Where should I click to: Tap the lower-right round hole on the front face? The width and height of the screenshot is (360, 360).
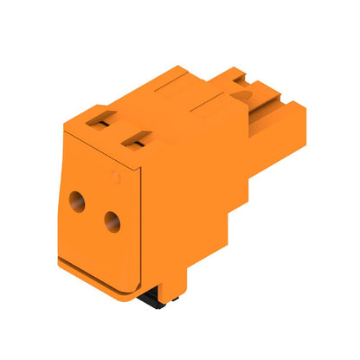point(111,223)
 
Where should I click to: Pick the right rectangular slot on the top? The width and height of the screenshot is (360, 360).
point(136,137)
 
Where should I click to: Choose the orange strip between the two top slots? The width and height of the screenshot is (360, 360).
point(119,129)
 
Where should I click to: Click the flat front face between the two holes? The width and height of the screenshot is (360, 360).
point(94,212)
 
